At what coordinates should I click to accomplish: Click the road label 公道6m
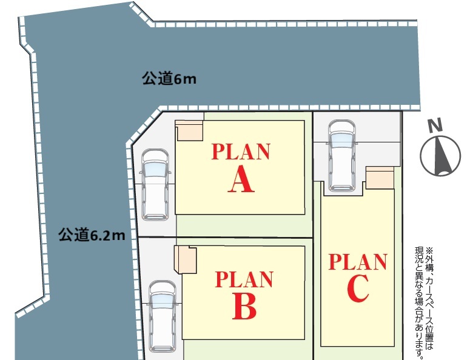[x=169, y=78]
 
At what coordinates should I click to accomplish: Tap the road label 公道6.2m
[x=92, y=235]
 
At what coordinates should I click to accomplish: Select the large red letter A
[x=241, y=179]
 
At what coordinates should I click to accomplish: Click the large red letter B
[x=244, y=307]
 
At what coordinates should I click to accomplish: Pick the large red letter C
[x=358, y=288]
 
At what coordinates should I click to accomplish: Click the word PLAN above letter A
[x=241, y=152]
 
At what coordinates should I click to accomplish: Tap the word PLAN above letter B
[x=244, y=279]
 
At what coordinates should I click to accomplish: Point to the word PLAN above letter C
[x=358, y=262]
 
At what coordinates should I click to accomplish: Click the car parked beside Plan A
[x=155, y=185]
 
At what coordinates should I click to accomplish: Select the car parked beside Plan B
[x=163, y=316]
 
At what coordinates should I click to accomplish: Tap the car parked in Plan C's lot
[x=341, y=156]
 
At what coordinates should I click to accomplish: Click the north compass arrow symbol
[x=440, y=156]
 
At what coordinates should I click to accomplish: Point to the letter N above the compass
[x=435, y=126]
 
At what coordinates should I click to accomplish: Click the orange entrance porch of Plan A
[x=189, y=130]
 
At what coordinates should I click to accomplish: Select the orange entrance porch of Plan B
[x=186, y=259]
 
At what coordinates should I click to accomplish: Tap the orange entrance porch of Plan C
[x=380, y=178]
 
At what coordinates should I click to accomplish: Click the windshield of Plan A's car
[x=155, y=169]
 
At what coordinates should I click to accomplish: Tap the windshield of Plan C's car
[x=341, y=140]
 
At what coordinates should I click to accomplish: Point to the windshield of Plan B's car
[x=163, y=301]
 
